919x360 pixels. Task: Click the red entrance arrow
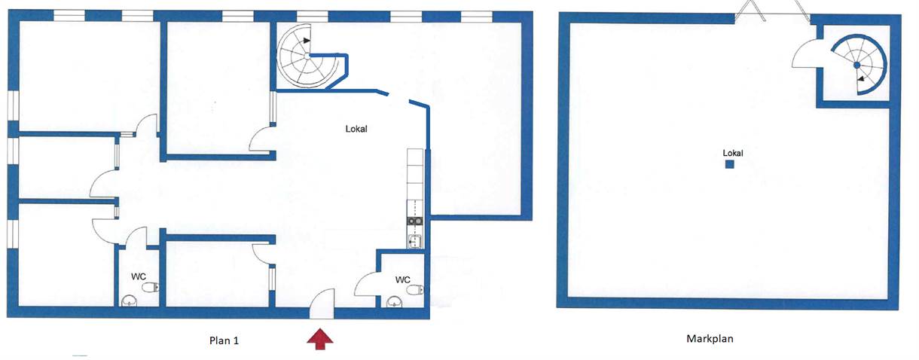320,338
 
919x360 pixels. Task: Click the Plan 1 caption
224,340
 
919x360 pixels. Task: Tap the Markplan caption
710,339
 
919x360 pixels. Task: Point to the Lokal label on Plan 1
356,129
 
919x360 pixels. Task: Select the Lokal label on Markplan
733,153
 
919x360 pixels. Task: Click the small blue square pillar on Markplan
729,164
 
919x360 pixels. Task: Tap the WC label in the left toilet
139,276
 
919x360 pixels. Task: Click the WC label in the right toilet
402,279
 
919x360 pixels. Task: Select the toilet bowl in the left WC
151,288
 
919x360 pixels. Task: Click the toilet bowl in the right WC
415,290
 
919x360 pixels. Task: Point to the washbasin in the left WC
130,301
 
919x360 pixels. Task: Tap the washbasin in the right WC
394,302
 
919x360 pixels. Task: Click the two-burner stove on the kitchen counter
415,221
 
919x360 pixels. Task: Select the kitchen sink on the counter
415,242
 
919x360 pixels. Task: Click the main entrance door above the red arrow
322,304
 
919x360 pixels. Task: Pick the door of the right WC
366,284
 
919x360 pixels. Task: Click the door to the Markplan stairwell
805,53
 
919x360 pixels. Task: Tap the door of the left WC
136,237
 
